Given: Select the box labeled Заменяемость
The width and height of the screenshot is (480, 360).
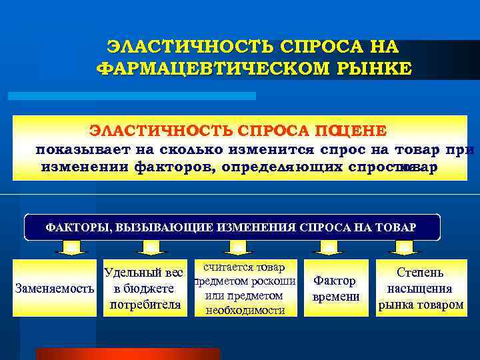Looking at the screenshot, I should tap(54, 289).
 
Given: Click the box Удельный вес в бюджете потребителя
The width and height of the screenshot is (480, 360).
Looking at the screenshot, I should tap(143, 289).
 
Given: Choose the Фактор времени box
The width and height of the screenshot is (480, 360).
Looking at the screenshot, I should tap(336, 289).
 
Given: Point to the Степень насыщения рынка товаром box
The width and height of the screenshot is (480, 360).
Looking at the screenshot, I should tap(421, 289).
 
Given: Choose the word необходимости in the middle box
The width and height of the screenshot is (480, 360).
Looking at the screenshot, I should tap(245, 310).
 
